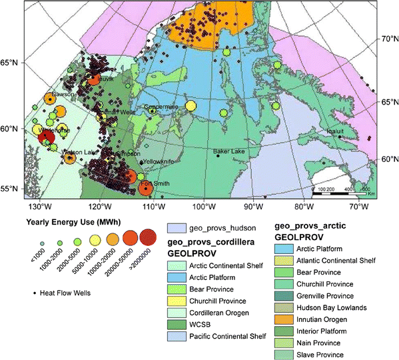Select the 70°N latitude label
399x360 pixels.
(388, 39)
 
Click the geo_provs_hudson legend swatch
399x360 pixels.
(176, 227)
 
